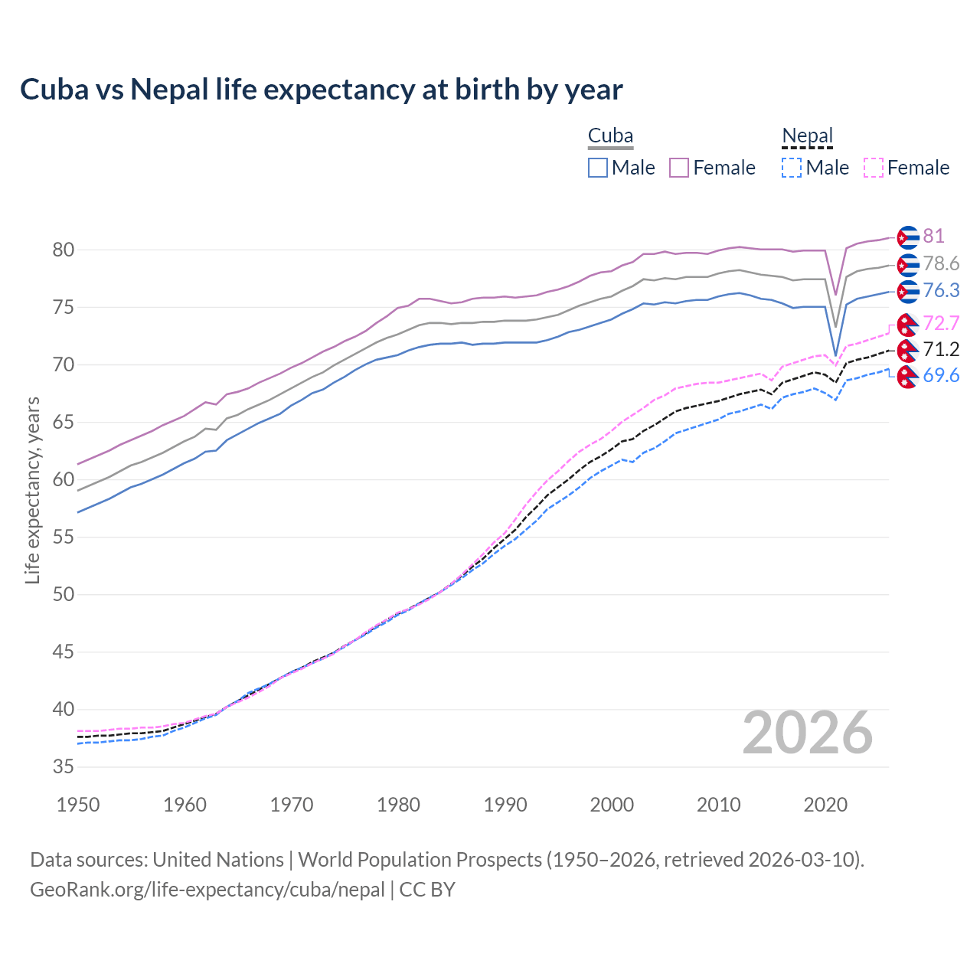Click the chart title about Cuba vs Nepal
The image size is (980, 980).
pos(321,90)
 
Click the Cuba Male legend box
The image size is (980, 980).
pos(598,168)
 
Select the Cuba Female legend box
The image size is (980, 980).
pos(679,168)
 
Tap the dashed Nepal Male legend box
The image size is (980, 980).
pos(792,168)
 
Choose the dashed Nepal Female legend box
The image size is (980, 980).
pos(873,168)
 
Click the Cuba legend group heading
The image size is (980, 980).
pos(610,136)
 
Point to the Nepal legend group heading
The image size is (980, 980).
pos(807,136)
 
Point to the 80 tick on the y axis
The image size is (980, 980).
pos(63,250)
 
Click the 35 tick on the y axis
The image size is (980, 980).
pos(63,767)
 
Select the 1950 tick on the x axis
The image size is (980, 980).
pos(78,805)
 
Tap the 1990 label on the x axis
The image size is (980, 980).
pos(505,805)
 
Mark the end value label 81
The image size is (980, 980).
pos(933,237)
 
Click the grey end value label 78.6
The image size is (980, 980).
pos(941,264)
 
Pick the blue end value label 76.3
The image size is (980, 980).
pos(941,291)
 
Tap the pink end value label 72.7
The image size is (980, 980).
pos(941,323)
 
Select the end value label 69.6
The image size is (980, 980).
pos(941,376)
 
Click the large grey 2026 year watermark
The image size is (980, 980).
pos(808,733)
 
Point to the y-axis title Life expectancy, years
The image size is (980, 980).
pos(32,490)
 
